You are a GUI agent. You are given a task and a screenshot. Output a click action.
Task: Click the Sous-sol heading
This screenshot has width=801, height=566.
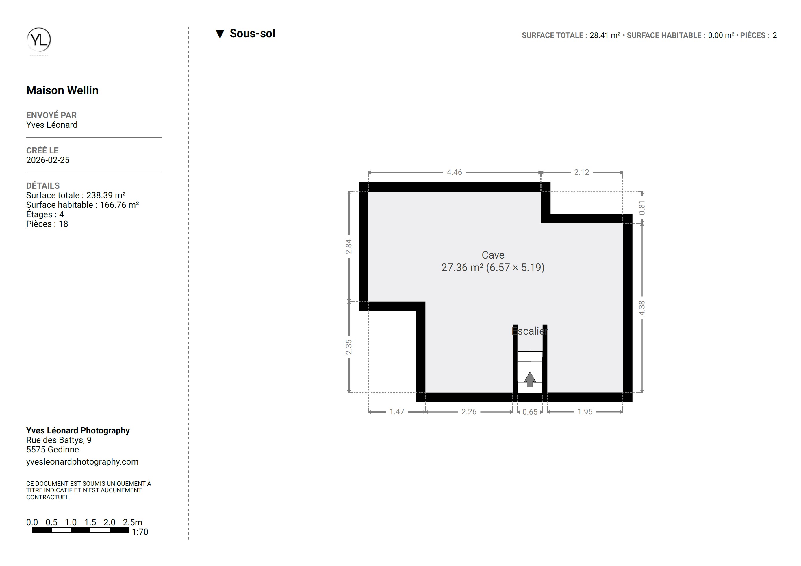(252, 34)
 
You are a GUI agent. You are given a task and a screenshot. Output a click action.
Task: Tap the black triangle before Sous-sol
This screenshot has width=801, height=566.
(220, 34)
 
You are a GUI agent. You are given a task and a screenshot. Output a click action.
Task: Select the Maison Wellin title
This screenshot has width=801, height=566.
(62, 90)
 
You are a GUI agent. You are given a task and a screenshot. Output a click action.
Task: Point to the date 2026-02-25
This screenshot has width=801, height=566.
(48, 160)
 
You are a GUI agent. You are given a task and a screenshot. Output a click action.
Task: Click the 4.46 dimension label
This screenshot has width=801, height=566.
(454, 172)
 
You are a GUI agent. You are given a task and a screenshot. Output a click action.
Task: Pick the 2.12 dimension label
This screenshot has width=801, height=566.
(582, 172)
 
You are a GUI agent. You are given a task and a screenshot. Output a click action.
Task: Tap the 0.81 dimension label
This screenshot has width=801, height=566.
(642, 208)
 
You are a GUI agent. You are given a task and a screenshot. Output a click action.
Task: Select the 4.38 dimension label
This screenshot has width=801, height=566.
(642, 308)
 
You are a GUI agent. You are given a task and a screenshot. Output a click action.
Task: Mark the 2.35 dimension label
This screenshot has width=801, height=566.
(349, 347)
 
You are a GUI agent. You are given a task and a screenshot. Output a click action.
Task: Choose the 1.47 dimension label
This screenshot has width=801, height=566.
(397, 412)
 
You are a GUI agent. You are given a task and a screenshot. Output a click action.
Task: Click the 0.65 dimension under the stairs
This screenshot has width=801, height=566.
(530, 412)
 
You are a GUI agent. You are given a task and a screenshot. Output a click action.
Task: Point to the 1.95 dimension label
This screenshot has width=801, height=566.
(585, 412)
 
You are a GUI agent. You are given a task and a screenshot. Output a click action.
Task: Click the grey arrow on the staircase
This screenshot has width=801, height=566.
(530, 379)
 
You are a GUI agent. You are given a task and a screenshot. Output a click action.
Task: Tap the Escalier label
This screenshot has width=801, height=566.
(530, 331)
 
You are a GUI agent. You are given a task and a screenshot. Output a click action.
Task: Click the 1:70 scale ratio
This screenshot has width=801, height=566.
(140, 532)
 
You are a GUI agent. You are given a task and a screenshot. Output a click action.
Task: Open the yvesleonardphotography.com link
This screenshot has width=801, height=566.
(82, 462)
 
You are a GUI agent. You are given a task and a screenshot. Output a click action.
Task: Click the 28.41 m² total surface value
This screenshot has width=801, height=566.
(605, 35)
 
